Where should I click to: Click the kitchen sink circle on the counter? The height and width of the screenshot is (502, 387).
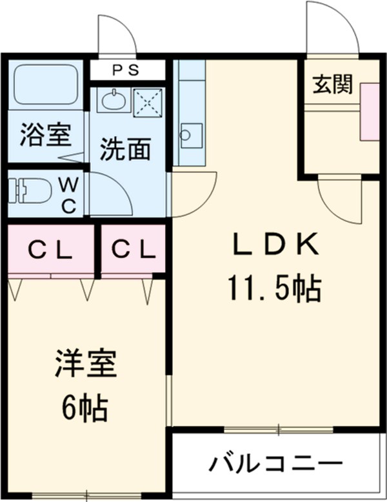pyautogui.click(x=187, y=134)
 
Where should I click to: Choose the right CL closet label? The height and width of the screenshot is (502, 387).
pyautogui.click(x=132, y=250)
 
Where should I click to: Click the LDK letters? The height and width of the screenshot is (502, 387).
pyautogui.click(x=275, y=245)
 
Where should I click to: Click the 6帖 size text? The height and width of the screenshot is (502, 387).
pyautogui.click(x=84, y=407)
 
